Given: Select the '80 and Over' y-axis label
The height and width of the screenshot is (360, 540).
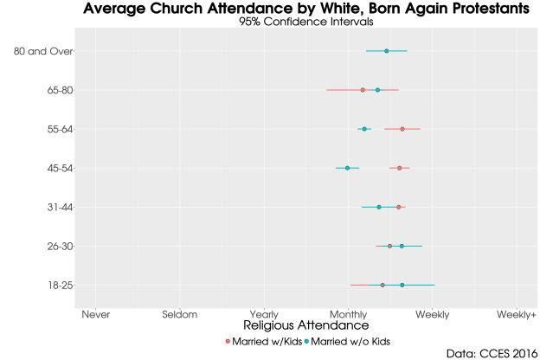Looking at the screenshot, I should coord(42,51).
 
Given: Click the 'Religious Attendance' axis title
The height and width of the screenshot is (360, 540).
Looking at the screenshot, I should coord(306,326).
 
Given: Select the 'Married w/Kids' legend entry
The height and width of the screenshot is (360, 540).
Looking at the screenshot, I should coord(263,342).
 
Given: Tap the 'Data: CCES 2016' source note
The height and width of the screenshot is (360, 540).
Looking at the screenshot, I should coord(491,353).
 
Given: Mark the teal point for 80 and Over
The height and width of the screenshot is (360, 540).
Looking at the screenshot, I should coord(387,51).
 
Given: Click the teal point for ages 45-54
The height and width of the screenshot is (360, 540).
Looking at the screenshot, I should coord(347,168).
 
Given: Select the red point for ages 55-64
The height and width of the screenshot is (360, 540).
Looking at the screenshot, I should coord(402,129).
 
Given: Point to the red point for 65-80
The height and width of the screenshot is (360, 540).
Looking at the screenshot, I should coord(363,90).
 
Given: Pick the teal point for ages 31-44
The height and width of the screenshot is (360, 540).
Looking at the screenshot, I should coord(379,207).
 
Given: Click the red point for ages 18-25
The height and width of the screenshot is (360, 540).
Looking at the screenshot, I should coord(382,285).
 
